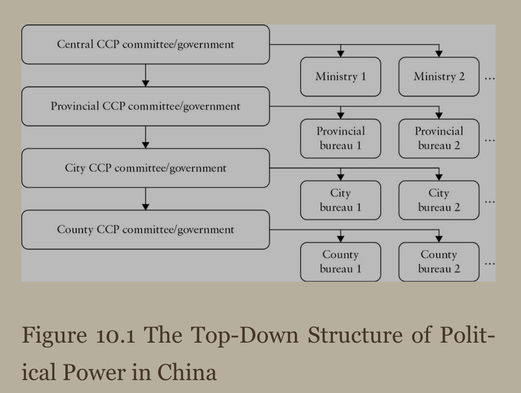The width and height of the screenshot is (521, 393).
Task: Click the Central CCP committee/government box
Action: click(146, 44)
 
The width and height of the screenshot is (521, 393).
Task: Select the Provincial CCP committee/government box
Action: click(146, 106)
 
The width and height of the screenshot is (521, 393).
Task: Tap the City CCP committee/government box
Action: click(146, 168)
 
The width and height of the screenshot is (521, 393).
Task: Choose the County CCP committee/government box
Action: click(146, 229)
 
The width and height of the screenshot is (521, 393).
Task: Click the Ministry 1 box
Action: click(340, 77)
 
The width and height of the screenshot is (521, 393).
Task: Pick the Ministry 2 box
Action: click(439, 77)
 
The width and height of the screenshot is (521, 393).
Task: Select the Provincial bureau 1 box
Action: click(340, 139)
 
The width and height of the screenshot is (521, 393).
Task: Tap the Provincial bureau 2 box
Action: click(439, 139)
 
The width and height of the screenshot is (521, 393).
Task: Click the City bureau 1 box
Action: click(340, 201)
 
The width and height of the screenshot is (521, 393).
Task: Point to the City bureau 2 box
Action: click(439, 201)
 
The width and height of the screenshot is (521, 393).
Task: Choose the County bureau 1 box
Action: click(340, 262)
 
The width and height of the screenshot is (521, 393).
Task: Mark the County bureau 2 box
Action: click(439, 262)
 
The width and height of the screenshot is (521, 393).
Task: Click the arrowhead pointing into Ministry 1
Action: click(340, 54)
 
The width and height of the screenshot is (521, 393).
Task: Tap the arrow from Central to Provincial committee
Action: click(146, 75)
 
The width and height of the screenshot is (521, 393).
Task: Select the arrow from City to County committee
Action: click(146, 199)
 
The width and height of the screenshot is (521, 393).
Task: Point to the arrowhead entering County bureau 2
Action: click(439, 239)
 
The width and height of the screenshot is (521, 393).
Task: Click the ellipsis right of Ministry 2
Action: click(490, 79)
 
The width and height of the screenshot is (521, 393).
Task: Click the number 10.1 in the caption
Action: click(115, 335)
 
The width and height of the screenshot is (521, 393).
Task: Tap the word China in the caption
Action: click(187, 372)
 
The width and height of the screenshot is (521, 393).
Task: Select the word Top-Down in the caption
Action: click(245, 335)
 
